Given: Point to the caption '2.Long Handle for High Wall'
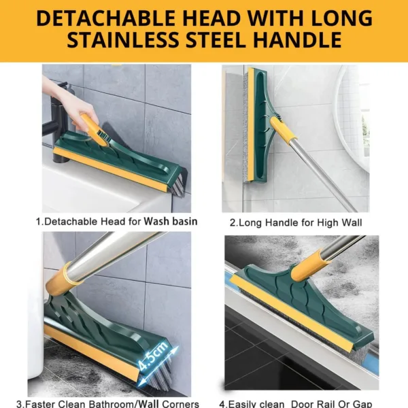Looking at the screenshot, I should [x=296, y=222].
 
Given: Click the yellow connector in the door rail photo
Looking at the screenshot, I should [x=309, y=265].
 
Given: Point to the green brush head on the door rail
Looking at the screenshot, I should [x=299, y=299].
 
